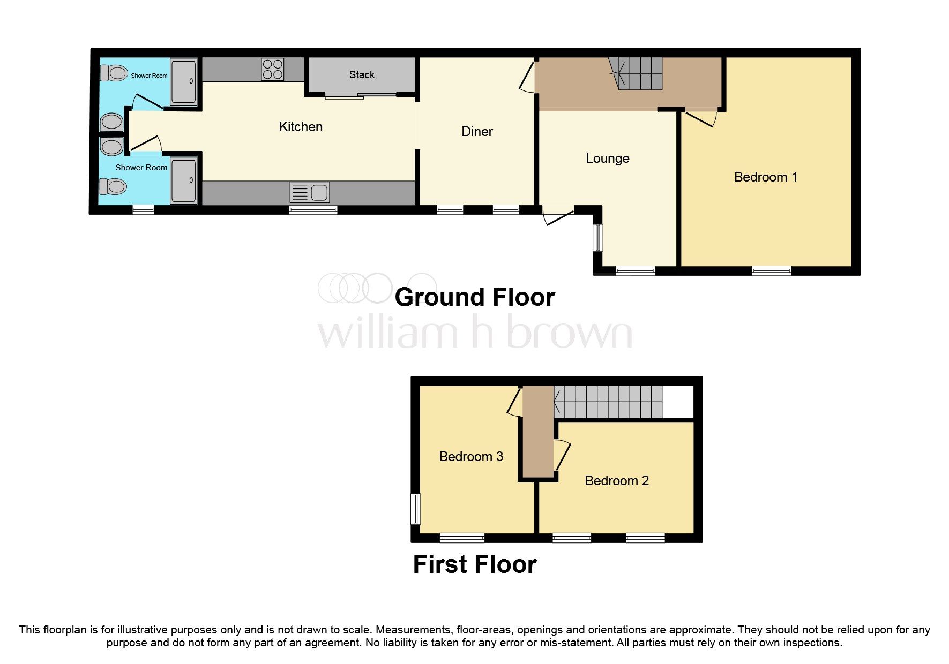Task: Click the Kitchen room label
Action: (x=301, y=127)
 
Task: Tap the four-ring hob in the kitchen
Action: (x=272, y=70)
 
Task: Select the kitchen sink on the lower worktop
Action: (x=309, y=192)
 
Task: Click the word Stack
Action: (x=362, y=75)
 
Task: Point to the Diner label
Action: (x=477, y=132)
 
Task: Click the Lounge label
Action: (x=607, y=159)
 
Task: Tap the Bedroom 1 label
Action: (x=765, y=177)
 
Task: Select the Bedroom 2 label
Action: (x=616, y=481)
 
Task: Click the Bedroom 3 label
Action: (x=470, y=457)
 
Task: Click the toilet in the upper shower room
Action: (x=114, y=72)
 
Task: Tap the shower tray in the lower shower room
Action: (x=184, y=180)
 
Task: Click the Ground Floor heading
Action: (x=474, y=298)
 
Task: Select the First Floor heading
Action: (x=474, y=565)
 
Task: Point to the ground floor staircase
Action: (x=638, y=73)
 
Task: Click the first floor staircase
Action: (x=608, y=402)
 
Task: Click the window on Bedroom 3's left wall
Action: (x=415, y=509)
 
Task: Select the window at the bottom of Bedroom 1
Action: (x=771, y=271)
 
